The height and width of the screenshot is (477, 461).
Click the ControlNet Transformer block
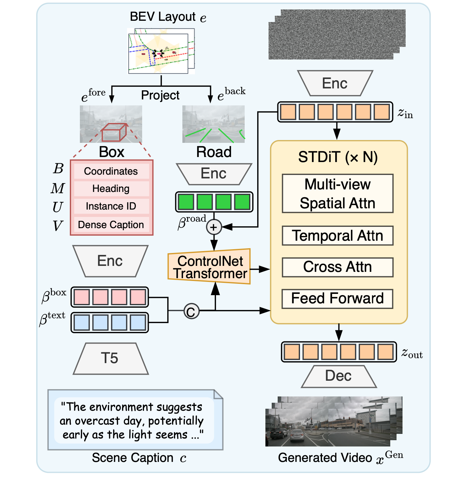[210, 267]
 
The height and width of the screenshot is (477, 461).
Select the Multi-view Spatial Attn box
[337, 194]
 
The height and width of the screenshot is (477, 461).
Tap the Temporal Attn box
[337, 236]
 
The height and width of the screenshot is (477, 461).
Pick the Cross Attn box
[337, 267]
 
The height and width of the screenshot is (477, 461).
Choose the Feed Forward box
[337, 299]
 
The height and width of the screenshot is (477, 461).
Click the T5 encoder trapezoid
[110, 358]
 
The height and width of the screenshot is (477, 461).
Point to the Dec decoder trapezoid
[339, 376]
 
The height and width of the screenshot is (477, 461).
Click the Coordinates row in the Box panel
[111, 171]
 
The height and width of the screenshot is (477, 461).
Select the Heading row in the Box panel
[111, 188]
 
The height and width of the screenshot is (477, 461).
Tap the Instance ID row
[111, 206]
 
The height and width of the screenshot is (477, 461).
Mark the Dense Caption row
[111, 225]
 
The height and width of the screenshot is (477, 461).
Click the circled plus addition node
[214, 227]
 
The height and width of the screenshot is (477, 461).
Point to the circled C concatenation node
[191, 311]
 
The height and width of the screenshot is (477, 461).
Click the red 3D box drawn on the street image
[114, 132]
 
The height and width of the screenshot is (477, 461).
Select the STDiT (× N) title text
[338, 157]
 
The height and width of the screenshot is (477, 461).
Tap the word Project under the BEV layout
[160, 95]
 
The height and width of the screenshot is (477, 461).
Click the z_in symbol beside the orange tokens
[405, 113]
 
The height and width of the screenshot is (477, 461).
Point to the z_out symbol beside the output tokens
[412, 353]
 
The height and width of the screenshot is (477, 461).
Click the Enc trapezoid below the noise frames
[335, 83]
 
